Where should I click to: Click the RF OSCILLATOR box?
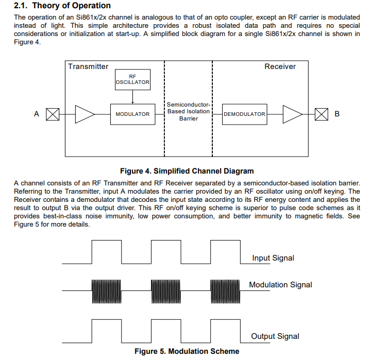pos(132,79)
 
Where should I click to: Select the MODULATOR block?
pos(132,114)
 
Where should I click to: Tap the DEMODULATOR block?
pos(244,114)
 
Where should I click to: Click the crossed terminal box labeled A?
pos(53,114)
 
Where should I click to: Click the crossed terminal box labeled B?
pos(321,114)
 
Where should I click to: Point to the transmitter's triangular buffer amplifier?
pos(84,114)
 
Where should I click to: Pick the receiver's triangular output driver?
pos(292,114)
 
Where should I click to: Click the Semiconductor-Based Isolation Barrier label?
pos(189,111)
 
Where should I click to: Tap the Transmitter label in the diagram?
pos(88,66)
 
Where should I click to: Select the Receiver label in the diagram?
pos(280,66)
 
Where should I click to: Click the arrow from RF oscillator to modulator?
pos(132,96)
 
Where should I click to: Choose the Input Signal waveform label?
pos(273,258)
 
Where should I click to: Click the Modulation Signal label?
pos(280,285)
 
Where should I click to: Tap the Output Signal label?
pos(275,336)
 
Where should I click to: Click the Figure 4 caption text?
pos(187,171)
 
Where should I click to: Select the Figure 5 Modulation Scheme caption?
pos(187,351)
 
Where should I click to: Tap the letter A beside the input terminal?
pos(36,114)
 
